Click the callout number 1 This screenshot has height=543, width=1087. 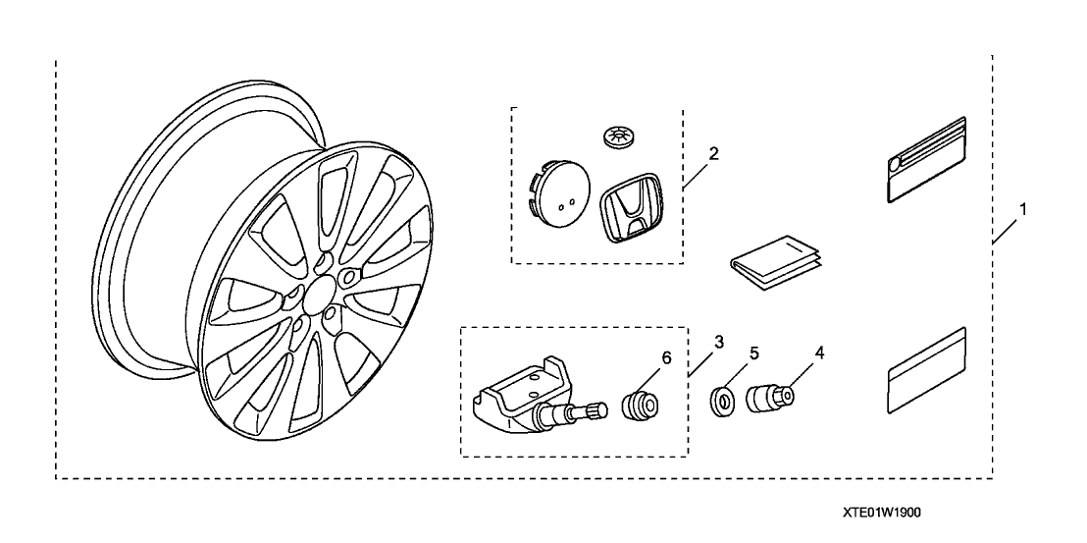(x=1023, y=209)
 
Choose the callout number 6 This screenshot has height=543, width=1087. (x=667, y=358)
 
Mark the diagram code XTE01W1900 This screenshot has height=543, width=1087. (x=881, y=513)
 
